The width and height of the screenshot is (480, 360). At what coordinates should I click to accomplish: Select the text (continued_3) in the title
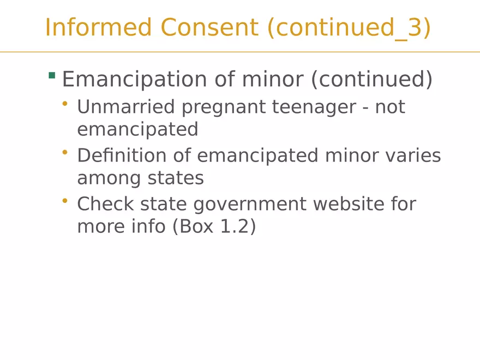pyautogui.click(x=349, y=28)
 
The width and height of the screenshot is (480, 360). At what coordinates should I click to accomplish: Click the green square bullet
pyautogui.click(x=52, y=75)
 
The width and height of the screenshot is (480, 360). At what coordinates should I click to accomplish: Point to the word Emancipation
pyautogui.click(x=134, y=80)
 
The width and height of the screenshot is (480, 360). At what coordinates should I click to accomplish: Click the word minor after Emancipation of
pyautogui.click(x=273, y=79)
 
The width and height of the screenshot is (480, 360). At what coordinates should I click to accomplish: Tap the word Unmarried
pyautogui.click(x=126, y=106)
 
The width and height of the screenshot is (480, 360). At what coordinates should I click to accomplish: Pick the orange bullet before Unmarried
pyautogui.click(x=64, y=104)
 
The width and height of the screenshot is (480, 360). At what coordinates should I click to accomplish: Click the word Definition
pyautogui.click(x=122, y=155)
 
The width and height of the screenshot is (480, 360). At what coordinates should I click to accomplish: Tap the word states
pyautogui.click(x=176, y=178)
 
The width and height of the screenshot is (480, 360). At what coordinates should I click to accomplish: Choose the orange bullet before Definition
pyautogui.click(x=64, y=152)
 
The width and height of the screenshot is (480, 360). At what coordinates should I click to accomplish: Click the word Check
pyautogui.click(x=105, y=203)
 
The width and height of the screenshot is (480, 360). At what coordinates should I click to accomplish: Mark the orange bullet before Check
pyautogui.click(x=64, y=201)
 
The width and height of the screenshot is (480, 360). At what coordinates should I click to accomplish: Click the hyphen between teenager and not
pyautogui.click(x=365, y=109)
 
